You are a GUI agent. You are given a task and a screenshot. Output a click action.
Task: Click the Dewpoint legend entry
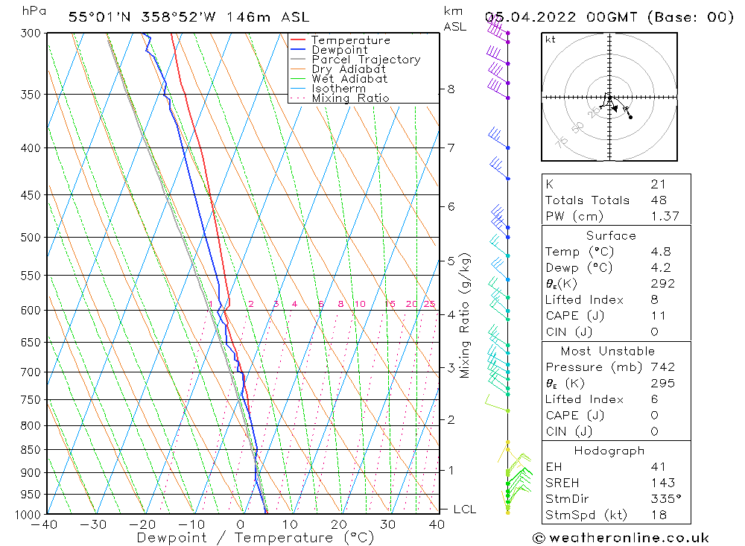pos(340,50)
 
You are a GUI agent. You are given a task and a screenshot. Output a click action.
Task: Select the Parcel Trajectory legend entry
pos(366,60)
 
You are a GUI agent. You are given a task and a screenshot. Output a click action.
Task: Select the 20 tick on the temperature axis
pos(339,524)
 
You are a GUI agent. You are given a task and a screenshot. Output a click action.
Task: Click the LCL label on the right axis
pos(464,510)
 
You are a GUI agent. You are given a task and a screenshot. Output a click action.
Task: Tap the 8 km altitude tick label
pos(451,89)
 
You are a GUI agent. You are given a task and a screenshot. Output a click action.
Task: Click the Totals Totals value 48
pos(658,200)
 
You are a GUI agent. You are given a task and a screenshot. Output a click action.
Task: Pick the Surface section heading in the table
pos(610,236)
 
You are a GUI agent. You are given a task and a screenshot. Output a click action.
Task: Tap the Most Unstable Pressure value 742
pos(662,367)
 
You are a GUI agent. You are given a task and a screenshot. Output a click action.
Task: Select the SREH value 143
pos(662,483)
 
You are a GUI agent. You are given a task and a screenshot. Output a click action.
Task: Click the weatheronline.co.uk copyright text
pos(621,538)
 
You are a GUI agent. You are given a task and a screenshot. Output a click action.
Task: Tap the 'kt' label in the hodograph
pos(551,39)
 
